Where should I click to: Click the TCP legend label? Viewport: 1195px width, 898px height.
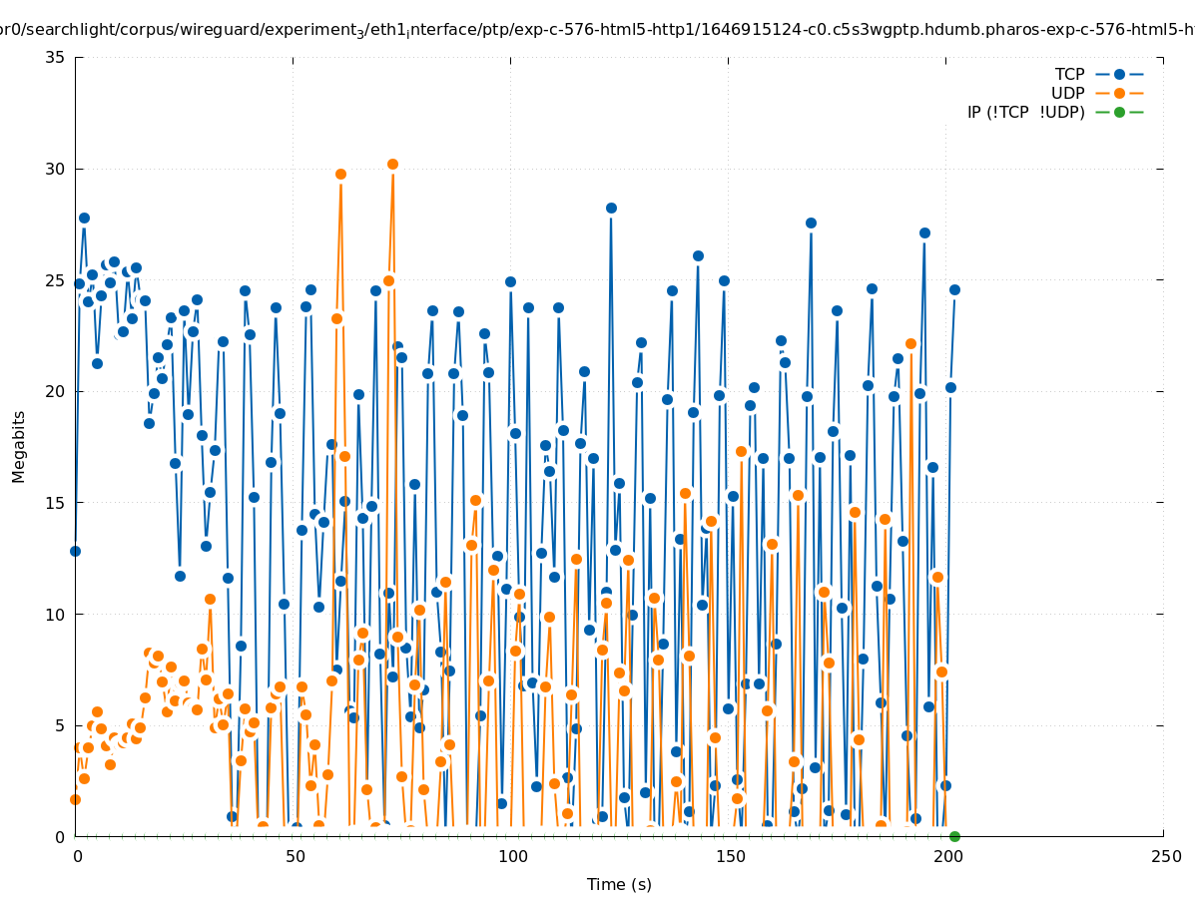1069,74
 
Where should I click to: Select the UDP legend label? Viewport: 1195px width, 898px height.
1067,93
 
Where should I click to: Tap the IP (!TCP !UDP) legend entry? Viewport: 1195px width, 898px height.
1025,112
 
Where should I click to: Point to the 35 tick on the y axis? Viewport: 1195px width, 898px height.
56,57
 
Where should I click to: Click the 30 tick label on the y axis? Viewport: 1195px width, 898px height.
56,169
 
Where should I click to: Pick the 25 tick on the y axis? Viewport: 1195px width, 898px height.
56,279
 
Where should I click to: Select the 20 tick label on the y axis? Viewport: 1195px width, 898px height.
56,391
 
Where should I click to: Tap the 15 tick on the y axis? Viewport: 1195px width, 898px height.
56,502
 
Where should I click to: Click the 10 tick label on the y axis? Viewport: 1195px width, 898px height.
56,614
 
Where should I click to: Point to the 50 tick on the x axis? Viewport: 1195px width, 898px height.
294,856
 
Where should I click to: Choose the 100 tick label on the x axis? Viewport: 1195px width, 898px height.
511,856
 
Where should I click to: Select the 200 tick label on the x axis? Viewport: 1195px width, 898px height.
946,856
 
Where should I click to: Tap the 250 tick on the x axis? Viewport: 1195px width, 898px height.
1164,856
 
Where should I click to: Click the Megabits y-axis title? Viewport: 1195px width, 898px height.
19,446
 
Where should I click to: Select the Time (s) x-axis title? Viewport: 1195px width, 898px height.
619,884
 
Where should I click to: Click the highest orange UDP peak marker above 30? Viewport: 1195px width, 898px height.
392,164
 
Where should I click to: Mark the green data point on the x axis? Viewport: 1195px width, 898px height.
954,836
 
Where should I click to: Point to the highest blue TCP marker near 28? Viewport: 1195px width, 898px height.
611,208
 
